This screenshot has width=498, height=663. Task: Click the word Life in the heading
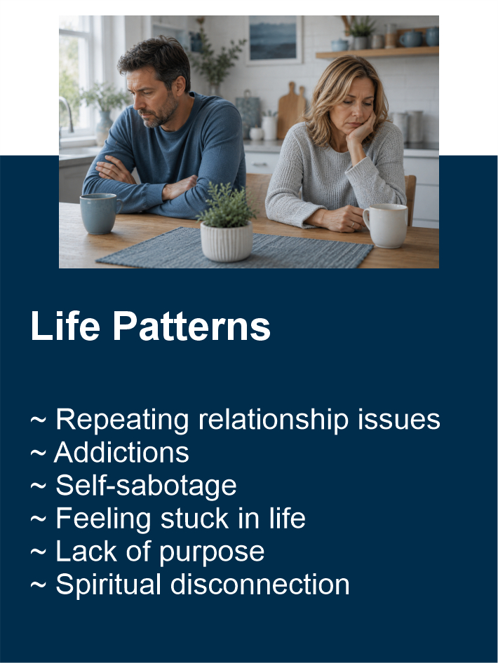coord(65,326)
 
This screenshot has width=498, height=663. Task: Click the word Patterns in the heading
coord(191,326)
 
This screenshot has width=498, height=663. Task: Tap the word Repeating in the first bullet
coord(122,421)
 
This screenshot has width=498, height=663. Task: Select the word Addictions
coord(122,453)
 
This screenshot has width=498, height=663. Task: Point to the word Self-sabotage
coord(146,486)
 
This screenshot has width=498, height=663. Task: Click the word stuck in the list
coord(194,519)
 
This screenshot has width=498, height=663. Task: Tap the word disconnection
coord(260,585)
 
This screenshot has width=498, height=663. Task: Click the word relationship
coord(274,421)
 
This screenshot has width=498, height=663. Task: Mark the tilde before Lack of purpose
coord(38,552)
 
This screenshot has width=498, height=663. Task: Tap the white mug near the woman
coord(385,226)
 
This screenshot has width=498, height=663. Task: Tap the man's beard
coord(162,114)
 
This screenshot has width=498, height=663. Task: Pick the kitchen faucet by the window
coord(67,114)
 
